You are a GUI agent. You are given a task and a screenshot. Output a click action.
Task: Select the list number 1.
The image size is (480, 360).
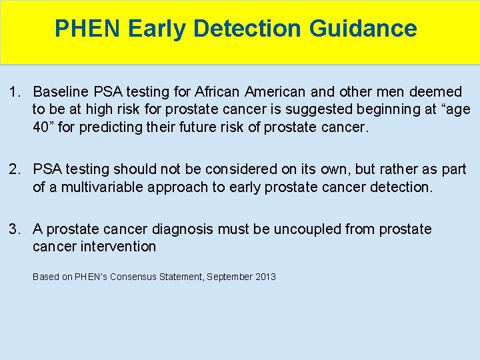click(14, 91)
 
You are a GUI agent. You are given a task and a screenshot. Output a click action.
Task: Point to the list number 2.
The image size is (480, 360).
click(14, 169)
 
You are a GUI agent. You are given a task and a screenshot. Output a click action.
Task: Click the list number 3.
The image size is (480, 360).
click(14, 229)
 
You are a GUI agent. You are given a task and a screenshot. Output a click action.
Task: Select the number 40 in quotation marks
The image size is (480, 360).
click(42, 127)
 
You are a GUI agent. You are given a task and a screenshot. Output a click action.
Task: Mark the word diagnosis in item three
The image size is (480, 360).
click(182, 229)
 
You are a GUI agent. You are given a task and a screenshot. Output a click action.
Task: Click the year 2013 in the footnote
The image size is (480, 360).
click(265, 277)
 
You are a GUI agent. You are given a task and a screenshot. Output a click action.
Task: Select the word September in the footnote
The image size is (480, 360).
click(229, 277)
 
